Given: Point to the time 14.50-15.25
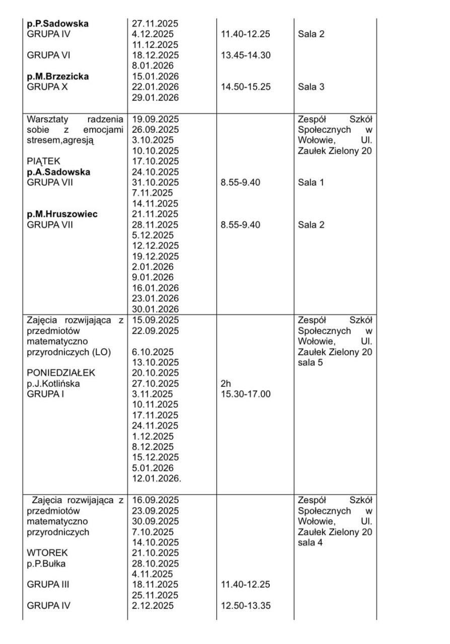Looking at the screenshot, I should [246, 87].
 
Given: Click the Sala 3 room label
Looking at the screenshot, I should [311, 87].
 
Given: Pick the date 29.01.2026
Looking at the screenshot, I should [155, 98].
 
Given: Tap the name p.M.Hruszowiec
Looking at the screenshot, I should [62, 214].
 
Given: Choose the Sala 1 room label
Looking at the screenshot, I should [311, 183].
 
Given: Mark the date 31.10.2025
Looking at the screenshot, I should [155, 183].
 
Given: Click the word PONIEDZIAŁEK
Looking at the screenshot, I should [61, 373].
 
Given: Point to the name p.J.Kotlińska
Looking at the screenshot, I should [53, 384].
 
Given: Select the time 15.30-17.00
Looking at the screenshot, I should [246, 394].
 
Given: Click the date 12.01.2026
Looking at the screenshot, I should [156, 478].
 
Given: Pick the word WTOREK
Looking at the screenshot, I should [44, 553].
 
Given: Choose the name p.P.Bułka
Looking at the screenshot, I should [46, 563].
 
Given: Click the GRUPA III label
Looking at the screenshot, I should [48, 585].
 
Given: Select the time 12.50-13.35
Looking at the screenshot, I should [246, 606].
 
